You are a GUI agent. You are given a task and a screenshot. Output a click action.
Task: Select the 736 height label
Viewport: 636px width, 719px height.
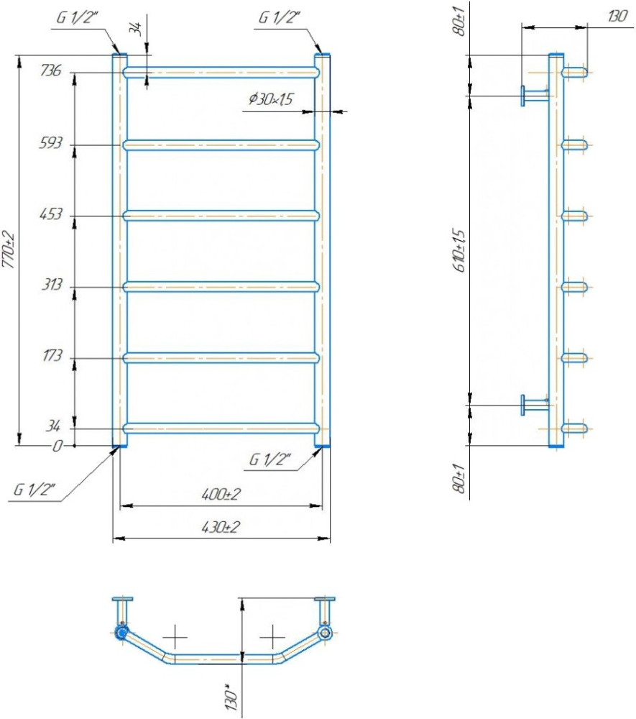coord(50,70)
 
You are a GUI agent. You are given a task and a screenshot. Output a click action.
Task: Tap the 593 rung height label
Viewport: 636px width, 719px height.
coord(50,143)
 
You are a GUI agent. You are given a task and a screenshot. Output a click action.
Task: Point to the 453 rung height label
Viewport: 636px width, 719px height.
coord(50,214)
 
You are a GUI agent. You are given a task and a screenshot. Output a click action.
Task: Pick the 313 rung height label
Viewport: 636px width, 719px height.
coord(51,285)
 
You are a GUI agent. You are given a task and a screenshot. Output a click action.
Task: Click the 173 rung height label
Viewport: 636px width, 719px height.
coord(51,356)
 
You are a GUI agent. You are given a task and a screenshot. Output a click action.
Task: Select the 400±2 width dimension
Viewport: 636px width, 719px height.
coord(221,494)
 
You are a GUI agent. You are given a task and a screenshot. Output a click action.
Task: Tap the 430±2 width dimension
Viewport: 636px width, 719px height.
coord(221,527)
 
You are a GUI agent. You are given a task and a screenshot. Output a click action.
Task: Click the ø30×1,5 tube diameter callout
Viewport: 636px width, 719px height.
coord(271,99)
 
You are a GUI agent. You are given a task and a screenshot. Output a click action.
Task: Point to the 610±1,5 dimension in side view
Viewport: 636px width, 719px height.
coord(459,250)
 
